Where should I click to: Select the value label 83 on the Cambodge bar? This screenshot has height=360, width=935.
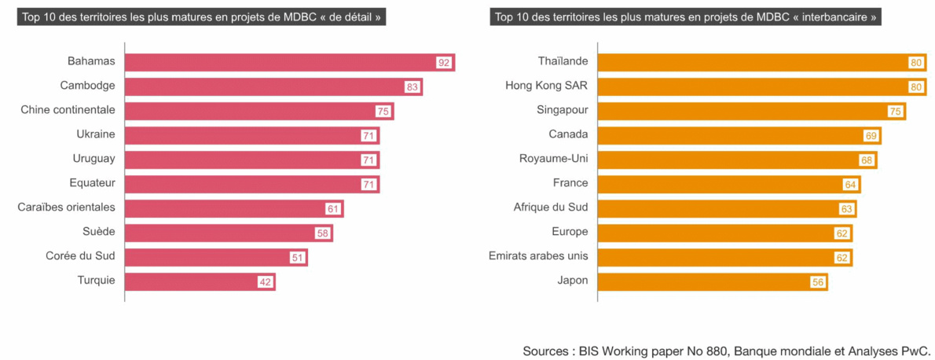412,86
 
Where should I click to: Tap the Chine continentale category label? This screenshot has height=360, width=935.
68,110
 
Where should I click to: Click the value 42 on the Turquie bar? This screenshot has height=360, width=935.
265,282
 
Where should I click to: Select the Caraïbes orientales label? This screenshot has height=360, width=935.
67,208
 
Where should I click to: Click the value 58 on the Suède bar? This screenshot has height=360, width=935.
322,233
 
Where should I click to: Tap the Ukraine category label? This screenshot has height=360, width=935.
96,134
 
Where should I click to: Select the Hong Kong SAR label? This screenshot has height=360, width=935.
547,86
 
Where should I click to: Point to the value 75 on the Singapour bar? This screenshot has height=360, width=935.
894,112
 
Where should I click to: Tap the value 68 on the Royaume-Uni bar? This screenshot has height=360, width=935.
866,160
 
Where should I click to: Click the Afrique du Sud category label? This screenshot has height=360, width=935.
551,208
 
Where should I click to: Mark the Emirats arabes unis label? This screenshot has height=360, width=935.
538,256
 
